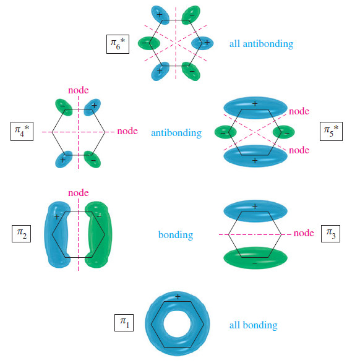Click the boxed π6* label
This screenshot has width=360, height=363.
[x=117, y=43]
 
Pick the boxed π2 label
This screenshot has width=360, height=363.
[x=22, y=234]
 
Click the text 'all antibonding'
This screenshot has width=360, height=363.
[x=261, y=44]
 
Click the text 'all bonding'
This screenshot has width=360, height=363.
[x=253, y=325]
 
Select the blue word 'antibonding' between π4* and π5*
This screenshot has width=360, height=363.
[x=176, y=133]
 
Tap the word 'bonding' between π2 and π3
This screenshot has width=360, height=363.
[x=176, y=235]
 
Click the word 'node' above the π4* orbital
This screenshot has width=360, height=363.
[x=79, y=90]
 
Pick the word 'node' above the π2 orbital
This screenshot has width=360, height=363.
[x=79, y=193]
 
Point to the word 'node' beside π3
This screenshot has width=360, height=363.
[x=304, y=233]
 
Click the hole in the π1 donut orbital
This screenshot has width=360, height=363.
[x=178, y=322]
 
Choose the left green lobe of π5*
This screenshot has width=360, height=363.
[x=225, y=132]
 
